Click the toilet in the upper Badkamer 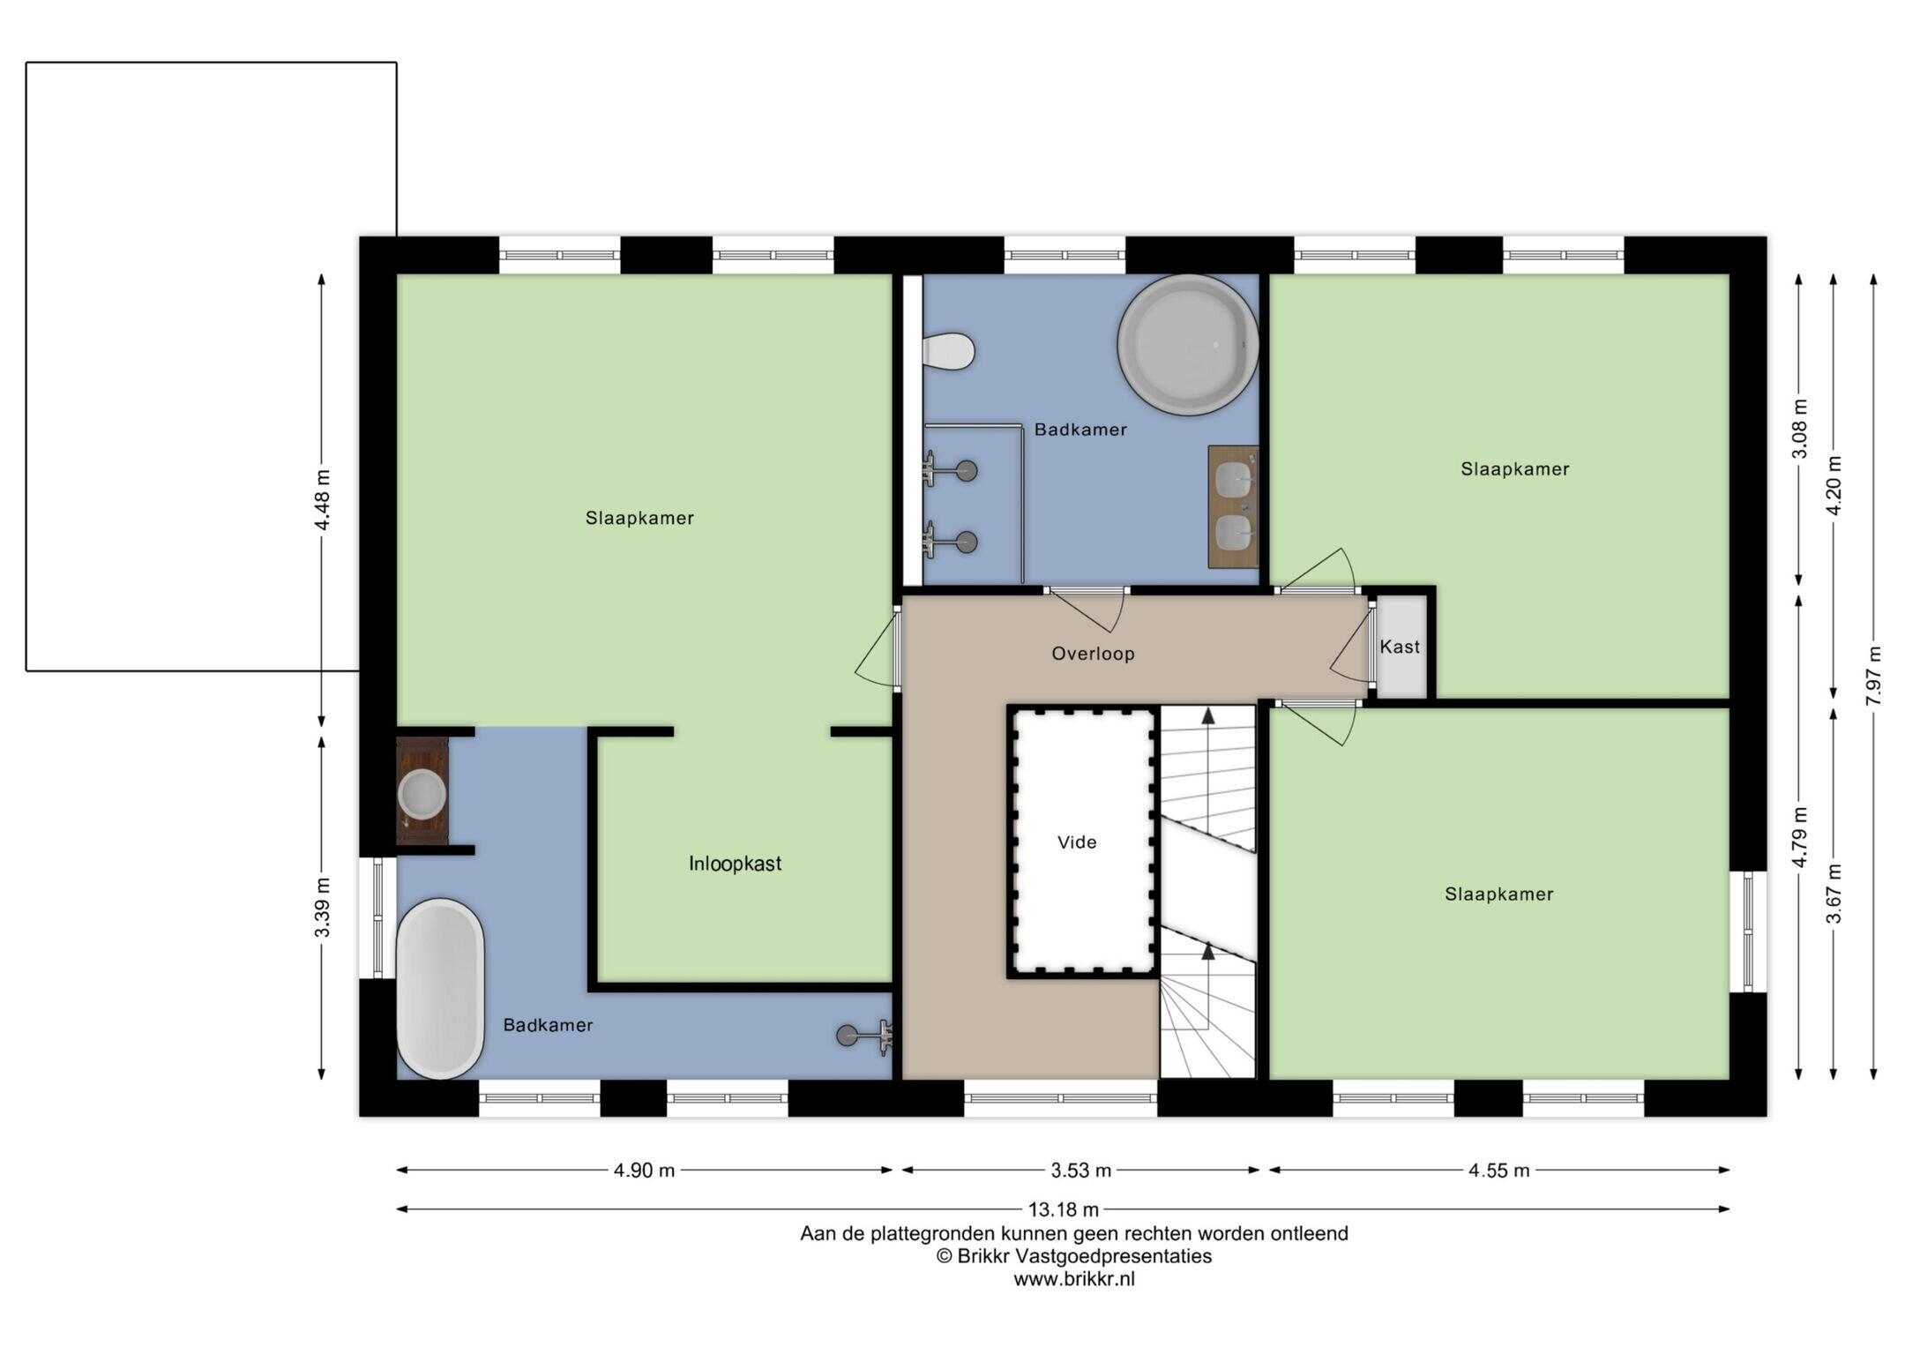(949, 351)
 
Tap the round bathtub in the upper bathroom (1188, 344)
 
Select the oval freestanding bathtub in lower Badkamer (440, 989)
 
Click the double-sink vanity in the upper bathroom (1232, 506)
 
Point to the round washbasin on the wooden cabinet (422, 793)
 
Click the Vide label (1077, 842)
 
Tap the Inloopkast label (735, 864)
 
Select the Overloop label (1093, 654)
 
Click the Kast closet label (1400, 647)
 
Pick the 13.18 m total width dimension (1064, 1209)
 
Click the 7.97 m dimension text (1874, 676)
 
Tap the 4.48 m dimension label (323, 500)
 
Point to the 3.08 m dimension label (1800, 429)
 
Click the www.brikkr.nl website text (1073, 1279)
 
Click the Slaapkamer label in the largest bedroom (639, 519)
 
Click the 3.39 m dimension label (323, 908)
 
